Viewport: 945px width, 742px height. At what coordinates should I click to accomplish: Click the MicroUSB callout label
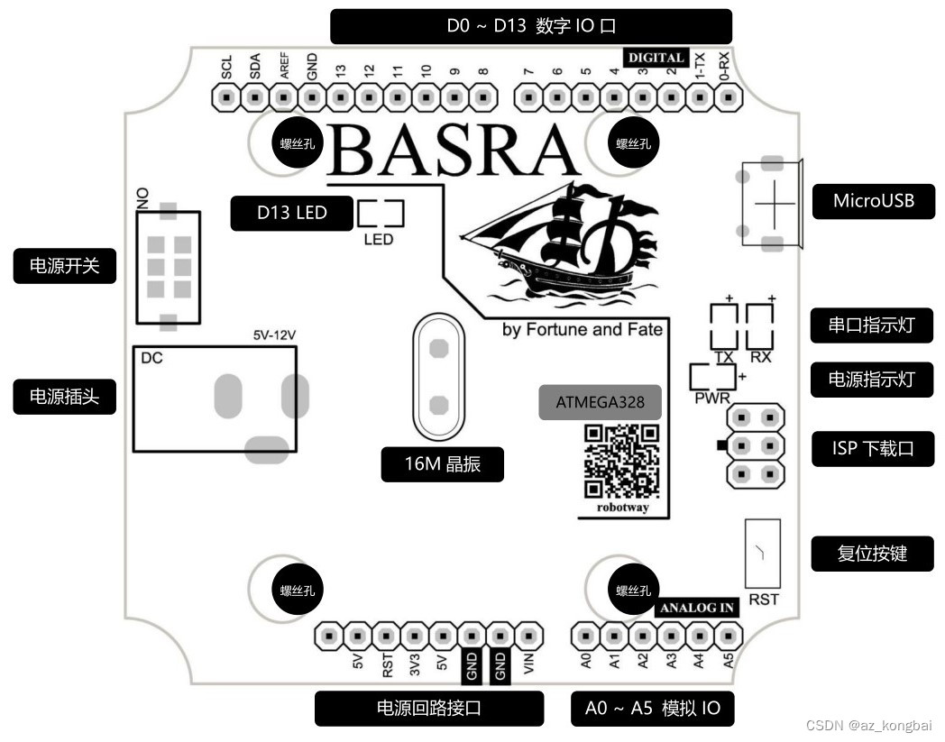pyautogui.click(x=873, y=200)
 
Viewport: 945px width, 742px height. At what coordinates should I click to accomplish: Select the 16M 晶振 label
pyautogui.click(x=442, y=464)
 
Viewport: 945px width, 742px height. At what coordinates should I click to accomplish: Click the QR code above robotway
pyautogui.click(x=621, y=461)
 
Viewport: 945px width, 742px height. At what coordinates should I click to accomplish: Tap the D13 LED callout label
pyautogui.click(x=291, y=213)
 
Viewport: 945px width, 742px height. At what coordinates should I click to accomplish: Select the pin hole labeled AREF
pyautogui.click(x=284, y=96)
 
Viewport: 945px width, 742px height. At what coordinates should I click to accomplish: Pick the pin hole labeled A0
pyautogui.click(x=585, y=637)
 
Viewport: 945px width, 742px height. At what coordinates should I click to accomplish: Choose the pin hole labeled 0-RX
pyautogui.click(x=724, y=96)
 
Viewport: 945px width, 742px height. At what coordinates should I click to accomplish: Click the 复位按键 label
pyautogui.click(x=872, y=554)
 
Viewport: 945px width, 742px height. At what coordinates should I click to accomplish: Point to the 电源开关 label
pyautogui.click(x=65, y=266)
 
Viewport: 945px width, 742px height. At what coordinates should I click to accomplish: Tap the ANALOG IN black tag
pyautogui.click(x=697, y=608)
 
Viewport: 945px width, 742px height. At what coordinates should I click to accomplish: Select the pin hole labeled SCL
pyautogui.click(x=226, y=96)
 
